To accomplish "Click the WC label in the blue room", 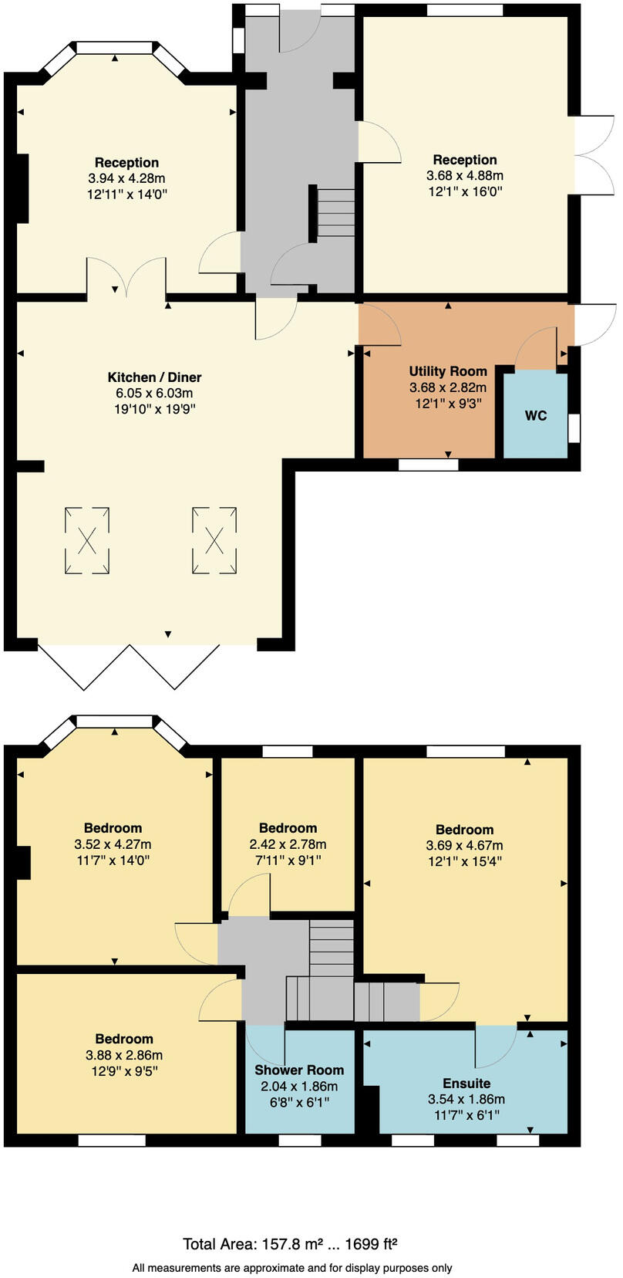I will coord(536,415).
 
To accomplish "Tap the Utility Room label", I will coord(448,371).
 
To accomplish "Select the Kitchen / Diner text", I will coord(154,377).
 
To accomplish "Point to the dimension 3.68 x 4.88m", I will coord(465,175).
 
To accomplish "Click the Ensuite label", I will coord(466,1083).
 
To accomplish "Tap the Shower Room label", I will coord(299,1070).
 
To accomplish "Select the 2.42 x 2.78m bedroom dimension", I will coord(288,844).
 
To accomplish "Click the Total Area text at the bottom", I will coord(290,1243).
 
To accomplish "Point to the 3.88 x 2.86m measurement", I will coord(124,1055).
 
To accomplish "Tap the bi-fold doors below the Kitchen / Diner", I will coord(128,665).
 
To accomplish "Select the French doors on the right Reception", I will coord(594,154).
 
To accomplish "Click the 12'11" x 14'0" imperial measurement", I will coord(127,194).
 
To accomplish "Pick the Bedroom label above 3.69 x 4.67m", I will coord(464,830).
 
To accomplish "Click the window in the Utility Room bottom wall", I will coord(428,465).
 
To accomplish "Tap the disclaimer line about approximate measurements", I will coord(292,1267).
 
